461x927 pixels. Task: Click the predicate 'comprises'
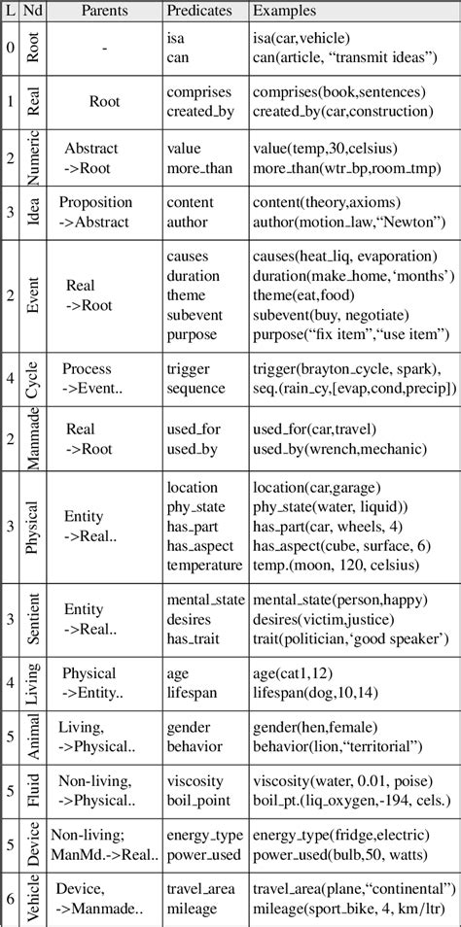[199, 91]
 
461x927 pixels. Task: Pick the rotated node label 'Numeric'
[33, 157]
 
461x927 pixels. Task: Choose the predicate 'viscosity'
[195, 781]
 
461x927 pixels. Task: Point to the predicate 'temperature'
[204, 565]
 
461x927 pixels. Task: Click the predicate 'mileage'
[193, 908]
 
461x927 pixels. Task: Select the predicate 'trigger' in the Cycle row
[189, 368]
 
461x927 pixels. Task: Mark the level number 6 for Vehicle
[11, 897]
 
